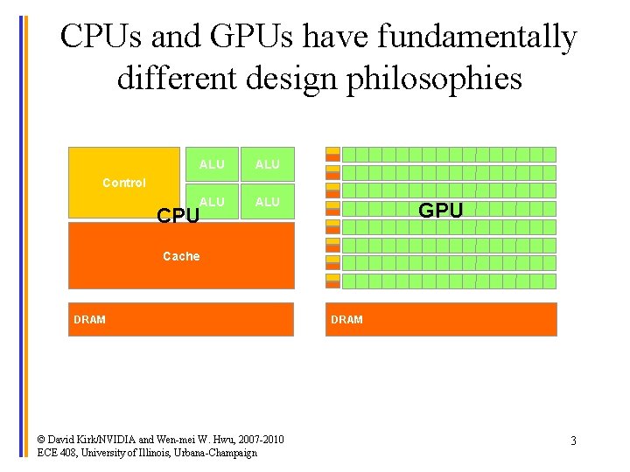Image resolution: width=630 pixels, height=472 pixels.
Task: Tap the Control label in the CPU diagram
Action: click(x=124, y=183)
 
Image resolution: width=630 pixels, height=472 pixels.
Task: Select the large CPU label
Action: click(x=178, y=215)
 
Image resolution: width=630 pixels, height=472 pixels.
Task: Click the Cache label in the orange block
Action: click(x=181, y=256)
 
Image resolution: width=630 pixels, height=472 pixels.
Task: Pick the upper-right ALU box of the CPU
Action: click(x=267, y=164)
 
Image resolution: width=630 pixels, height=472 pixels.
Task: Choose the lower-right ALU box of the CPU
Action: click(x=267, y=202)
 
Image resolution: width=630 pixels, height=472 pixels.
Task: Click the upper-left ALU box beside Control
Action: click(x=212, y=164)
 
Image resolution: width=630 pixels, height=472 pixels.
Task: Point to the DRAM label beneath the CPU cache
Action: click(x=89, y=320)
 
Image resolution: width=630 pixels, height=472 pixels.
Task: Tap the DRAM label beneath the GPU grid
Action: click(x=346, y=320)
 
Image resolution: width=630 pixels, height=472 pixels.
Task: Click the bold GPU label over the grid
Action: click(x=441, y=211)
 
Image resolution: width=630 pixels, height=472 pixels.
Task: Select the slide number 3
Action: click(x=573, y=441)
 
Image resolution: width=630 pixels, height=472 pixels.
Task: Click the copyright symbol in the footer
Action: click(x=43, y=438)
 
